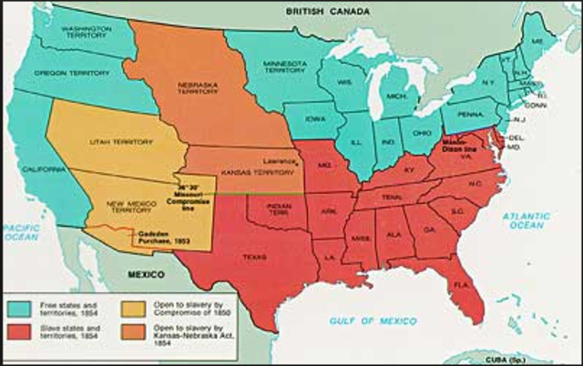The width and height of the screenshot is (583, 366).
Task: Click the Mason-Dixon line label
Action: tap(460, 148)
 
